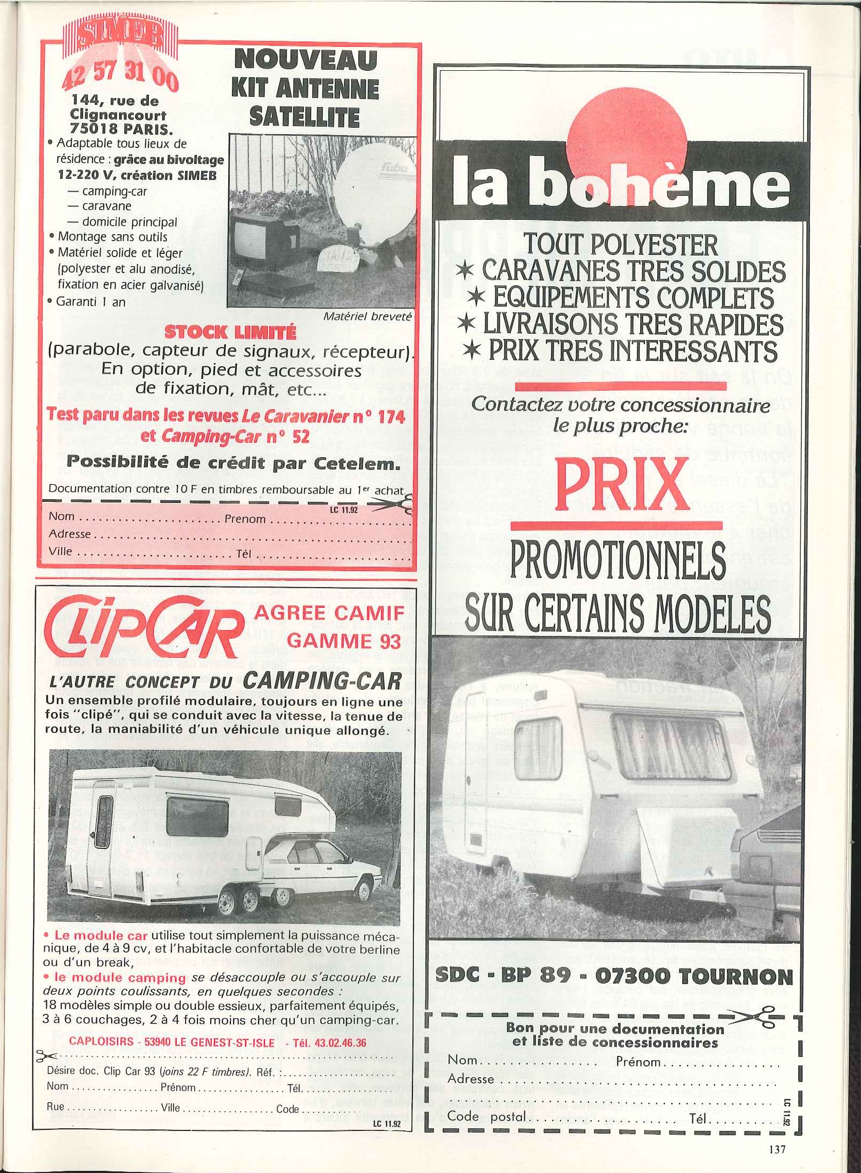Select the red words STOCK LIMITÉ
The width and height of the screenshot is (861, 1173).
click(230, 333)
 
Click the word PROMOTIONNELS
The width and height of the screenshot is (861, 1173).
click(618, 561)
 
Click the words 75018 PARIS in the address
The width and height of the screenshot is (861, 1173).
click(118, 127)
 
